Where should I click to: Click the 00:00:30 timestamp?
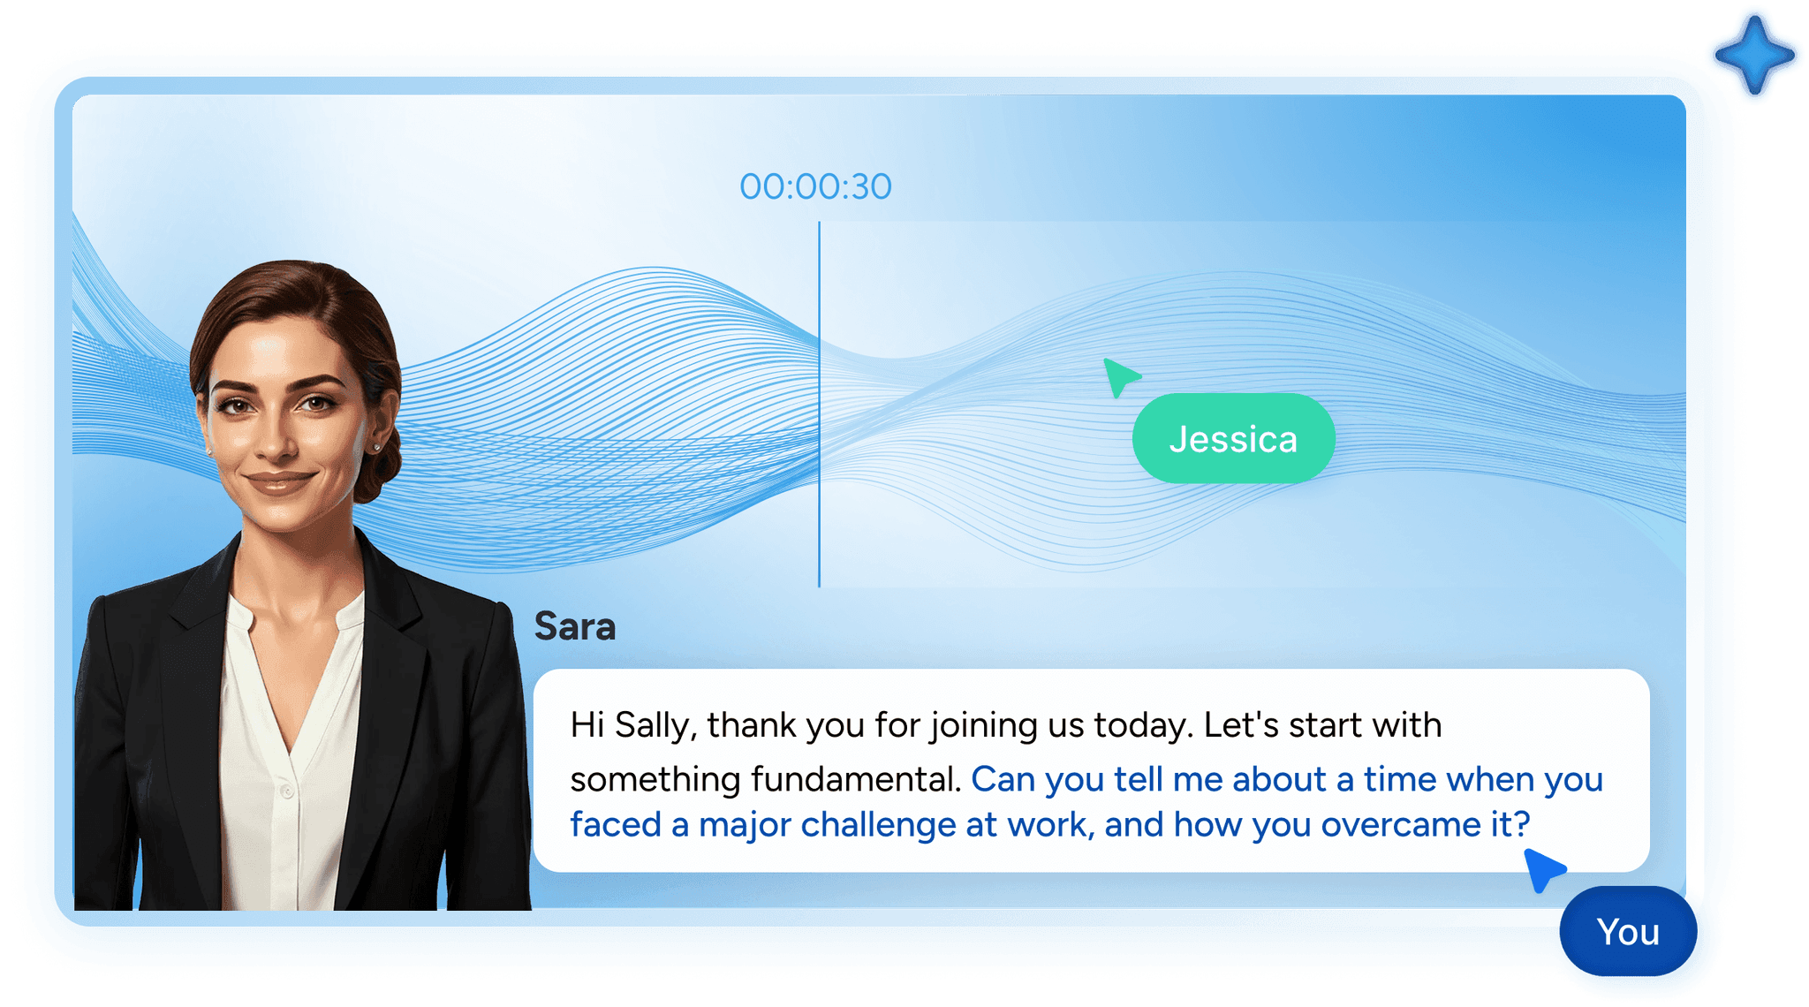[x=815, y=186]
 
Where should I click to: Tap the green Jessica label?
[x=1233, y=438]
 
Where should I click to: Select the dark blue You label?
[x=1628, y=931]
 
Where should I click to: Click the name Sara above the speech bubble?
[x=575, y=626]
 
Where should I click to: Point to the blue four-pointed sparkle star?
[x=1754, y=55]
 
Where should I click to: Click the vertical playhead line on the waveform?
[x=819, y=405]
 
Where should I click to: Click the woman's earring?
[x=377, y=447]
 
